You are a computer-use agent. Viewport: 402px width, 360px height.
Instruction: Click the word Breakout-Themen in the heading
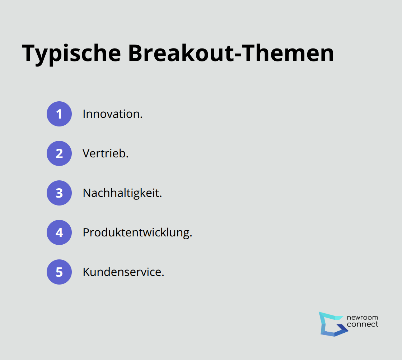tap(231, 53)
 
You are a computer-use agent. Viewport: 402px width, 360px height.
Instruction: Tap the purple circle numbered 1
tap(59, 114)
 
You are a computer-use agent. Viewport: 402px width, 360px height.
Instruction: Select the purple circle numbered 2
tap(59, 153)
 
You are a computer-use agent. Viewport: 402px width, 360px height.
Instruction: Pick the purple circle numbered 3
tap(59, 193)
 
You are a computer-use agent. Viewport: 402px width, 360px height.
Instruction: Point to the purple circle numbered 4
tap(59, 232)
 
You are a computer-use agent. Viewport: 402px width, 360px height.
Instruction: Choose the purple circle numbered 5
tap(59, 272)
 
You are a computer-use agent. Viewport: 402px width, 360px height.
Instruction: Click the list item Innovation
tap(112, 114)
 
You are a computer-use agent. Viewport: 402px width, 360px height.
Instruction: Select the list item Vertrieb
tap(105, 154)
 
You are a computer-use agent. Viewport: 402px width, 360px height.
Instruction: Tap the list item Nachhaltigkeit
tap(122, 193)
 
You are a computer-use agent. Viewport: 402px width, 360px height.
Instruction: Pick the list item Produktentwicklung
tap(137, 233)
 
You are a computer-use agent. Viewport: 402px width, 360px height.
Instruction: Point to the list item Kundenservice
tap(123, 272)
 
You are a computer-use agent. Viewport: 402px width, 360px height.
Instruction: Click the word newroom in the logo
tap(363, 318)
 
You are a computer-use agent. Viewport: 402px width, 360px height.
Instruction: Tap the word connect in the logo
tap(363, 324)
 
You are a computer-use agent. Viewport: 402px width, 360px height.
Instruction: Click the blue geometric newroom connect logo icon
tap(332, 324)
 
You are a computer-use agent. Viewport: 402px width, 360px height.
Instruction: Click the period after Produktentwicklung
tap(191, 236)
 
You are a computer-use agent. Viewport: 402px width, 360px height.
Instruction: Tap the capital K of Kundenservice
tap(86, 272)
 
